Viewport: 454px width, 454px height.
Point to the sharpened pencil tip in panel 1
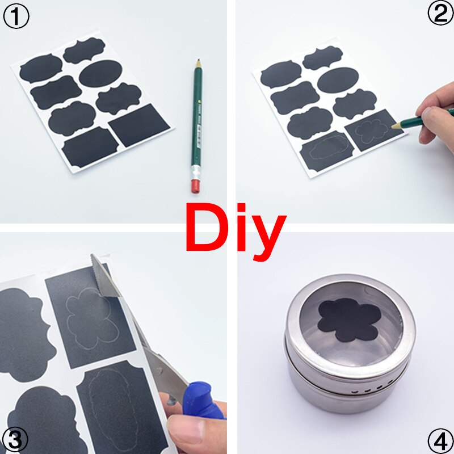pos(198,61)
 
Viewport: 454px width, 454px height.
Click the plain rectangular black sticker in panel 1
pos(140,124)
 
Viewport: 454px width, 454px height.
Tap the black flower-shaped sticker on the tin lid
pos(347,320)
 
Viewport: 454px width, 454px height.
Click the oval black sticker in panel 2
pos(339,81)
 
